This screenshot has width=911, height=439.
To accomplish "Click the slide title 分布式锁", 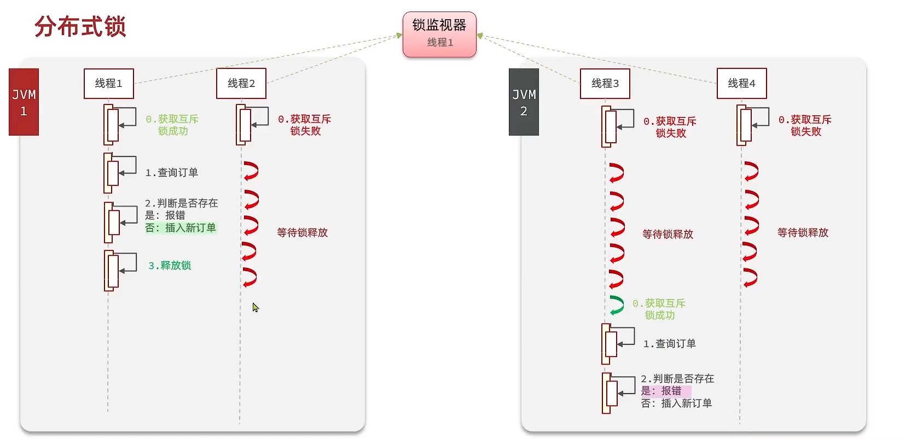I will point(80,27).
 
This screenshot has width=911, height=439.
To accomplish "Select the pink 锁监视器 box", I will point(439,34).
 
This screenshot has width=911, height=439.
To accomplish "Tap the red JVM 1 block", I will point(24,102).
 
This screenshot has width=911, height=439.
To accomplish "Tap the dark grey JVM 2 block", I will point(524,102).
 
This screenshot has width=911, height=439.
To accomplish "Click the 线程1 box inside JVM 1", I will point(108,83).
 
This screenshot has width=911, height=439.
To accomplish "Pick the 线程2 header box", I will point(241,83).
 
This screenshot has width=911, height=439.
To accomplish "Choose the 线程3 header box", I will point(605,83).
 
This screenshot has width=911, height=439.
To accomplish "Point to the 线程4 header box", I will point(741,83).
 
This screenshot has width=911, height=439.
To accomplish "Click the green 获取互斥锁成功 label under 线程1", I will point(172,125).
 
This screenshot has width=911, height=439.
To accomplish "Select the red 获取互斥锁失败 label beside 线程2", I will point(305,125).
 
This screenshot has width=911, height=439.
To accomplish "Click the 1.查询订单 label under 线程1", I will point(171,173).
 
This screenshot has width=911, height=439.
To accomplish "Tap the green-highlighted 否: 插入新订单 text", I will point(181,228).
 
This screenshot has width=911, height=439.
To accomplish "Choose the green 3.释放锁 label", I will point(170,266).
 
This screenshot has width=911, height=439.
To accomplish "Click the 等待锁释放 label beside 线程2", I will point(302,233).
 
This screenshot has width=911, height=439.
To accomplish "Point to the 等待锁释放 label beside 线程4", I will point(803,233).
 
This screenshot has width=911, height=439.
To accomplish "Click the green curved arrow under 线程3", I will point(617,305).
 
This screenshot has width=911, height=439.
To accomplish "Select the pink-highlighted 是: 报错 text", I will point(662,391).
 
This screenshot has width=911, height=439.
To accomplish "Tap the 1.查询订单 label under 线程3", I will point(669,344).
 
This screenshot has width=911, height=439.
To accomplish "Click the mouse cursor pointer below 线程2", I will point(256,307).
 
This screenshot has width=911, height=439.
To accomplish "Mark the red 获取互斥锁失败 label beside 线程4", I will point(805,125).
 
